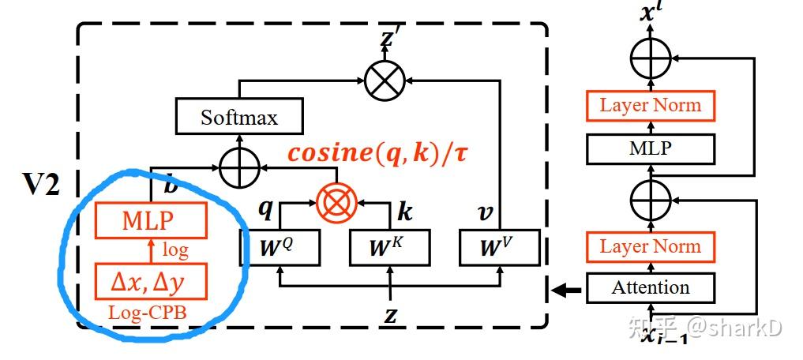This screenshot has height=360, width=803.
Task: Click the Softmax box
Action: tap(239, 118)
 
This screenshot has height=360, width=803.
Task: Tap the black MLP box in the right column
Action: tap(651, 148)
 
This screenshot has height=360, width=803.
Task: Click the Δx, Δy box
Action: tap(151, 281)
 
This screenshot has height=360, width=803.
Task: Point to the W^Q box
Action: tap(280, 247)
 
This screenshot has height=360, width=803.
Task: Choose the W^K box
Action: tap(390, 247)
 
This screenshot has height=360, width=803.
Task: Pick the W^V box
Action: tap(500, 247)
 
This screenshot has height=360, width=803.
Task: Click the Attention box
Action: tap(651, 287)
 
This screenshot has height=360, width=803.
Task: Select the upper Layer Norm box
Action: tap(651, 106)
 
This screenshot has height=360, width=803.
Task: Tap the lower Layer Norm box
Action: tap(651, 246)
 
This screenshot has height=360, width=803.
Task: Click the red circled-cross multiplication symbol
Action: tap(336, 203)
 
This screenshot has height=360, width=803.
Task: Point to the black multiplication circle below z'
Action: tap(385, 80)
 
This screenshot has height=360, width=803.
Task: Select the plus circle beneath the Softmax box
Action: tap(239, 167)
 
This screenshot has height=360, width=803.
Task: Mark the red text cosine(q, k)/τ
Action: tap(377, 154)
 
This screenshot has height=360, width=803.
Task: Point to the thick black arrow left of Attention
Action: tap(566, 291)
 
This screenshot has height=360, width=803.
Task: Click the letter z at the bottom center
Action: tap(390, 316)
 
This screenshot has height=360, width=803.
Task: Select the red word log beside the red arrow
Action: tap(175, 251)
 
